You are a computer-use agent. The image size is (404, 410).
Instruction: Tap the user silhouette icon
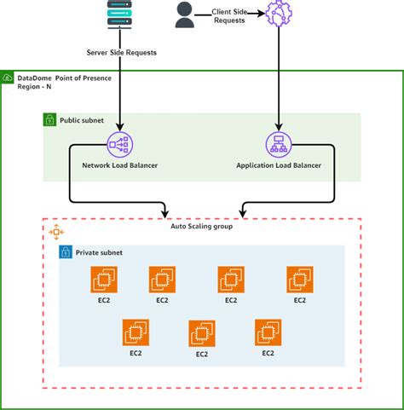tap(183, 14)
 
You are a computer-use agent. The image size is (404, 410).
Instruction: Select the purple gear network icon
tap(279, 14)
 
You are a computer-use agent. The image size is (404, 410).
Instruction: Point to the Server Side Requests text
tap(120, 53)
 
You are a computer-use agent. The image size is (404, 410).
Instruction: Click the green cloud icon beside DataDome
tap(8, 78)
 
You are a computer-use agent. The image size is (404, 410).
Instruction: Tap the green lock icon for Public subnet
tap(49, 120)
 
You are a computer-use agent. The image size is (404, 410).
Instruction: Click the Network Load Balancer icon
tap(120, 145)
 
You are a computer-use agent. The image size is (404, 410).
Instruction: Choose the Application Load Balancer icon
tap(278, 145)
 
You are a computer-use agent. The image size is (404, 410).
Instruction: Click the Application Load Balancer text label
tap(278, 165)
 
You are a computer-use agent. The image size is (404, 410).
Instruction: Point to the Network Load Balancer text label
tap(119, 165)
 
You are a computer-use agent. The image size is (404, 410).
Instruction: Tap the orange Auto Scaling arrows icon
tap(56, 232)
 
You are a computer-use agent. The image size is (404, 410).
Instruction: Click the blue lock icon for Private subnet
tap(65, 252)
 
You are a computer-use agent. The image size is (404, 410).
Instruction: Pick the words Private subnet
tap(99, 252)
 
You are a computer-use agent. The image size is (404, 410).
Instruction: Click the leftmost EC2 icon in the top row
tap(104, 280)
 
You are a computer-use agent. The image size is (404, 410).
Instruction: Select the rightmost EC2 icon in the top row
tap(299, 280)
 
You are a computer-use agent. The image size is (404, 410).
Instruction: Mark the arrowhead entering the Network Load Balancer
tap(120, 128)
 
